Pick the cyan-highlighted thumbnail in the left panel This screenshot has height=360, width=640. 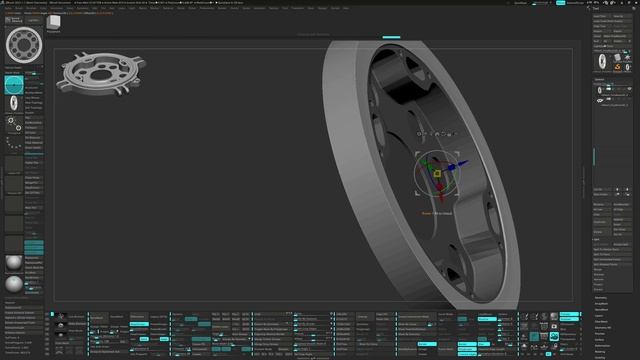14,85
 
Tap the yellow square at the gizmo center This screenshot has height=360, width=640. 436,175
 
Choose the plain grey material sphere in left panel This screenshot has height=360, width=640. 13,263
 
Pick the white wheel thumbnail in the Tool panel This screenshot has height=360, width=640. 600,61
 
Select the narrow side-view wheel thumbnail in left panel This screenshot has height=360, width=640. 14,124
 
